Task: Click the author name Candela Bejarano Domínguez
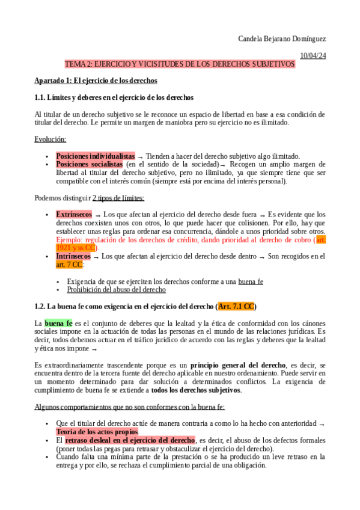coord(282,39)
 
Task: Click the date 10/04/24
coord(313,56)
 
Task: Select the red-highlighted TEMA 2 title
coord(180,64)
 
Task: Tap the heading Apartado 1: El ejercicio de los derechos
coord(96,81)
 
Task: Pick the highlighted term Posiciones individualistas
coord(96,156)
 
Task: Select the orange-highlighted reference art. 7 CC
coord(69,265)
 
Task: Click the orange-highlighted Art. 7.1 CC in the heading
coord(236,307)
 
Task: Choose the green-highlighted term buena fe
coord(58,323)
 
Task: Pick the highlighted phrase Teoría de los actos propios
coord(97,432)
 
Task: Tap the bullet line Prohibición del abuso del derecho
coord(116,290)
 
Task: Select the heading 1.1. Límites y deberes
coord(114,97)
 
